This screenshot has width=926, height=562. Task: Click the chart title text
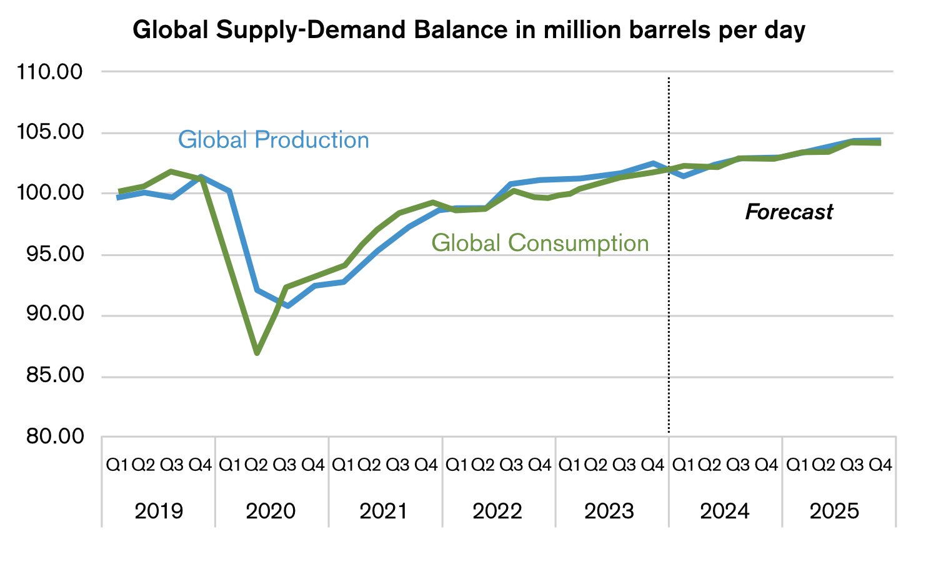tap(469, 30)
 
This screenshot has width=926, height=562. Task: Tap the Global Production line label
tap(273, 140)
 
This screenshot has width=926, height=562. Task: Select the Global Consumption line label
tap(540, 243)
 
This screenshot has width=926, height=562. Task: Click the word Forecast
tap(789, 212)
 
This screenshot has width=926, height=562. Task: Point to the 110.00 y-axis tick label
tap(50, 72)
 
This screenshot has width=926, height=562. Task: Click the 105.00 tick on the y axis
tap(50, 132)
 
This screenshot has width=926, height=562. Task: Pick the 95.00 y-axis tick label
tap(50, 255)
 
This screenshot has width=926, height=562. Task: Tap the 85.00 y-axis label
tap(50, 376)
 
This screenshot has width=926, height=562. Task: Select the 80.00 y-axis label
tap(50, 436)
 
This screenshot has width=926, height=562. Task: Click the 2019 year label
tap(159, 511)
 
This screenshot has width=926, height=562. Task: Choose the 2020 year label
tap(271, 511)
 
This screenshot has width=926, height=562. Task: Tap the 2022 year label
tap(497, 511)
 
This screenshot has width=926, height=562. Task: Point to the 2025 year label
tap(835, 511)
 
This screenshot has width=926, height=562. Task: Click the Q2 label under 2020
tap(256, 465)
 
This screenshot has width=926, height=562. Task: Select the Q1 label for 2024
tap(683, 465)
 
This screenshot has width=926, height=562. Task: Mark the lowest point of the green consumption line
tap(257, 353)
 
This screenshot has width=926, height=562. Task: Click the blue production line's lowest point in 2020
tap(287, 306)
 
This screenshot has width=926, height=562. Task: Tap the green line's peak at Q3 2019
tap(171, 171)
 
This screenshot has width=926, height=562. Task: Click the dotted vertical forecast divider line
tap(669, 312)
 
